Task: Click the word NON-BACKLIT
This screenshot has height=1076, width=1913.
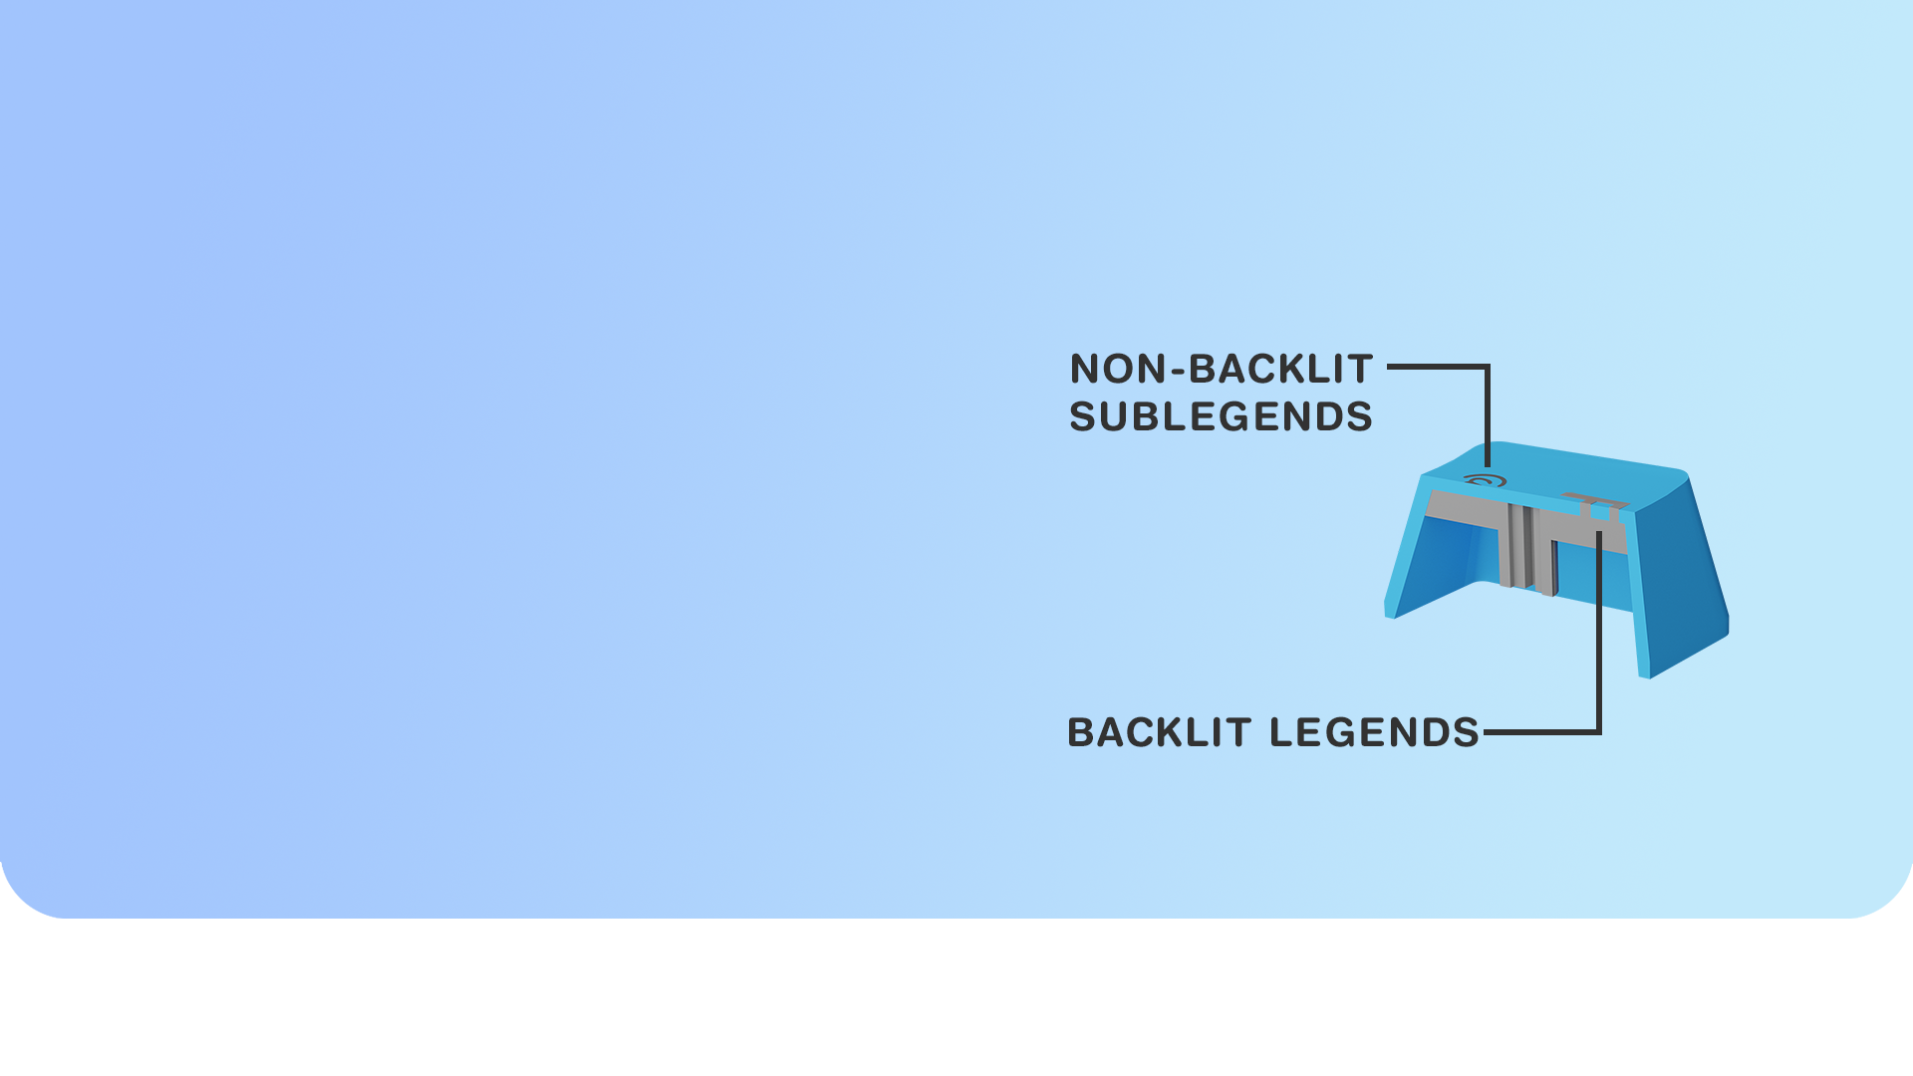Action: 1222,370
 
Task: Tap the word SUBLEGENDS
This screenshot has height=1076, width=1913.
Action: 1221,416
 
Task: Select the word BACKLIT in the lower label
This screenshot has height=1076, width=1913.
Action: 1159,732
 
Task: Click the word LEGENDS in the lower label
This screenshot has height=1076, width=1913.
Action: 1375,732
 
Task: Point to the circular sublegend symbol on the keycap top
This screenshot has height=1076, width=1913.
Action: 1485,481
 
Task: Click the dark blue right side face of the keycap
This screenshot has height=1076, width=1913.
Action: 1684,578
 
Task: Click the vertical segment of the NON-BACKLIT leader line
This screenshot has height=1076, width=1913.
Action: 1488,413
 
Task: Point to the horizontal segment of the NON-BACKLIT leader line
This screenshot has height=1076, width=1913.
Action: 1435,367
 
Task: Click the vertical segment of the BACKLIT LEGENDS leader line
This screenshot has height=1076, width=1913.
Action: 1599,638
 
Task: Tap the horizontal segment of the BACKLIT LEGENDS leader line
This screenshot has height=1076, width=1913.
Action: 1539,732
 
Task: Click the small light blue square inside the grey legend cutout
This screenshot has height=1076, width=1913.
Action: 1599,512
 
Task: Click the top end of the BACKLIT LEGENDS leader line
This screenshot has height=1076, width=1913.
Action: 1599,534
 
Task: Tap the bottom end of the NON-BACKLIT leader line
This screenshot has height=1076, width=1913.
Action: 1488,463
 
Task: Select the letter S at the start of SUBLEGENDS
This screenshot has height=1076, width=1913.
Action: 1082,416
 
